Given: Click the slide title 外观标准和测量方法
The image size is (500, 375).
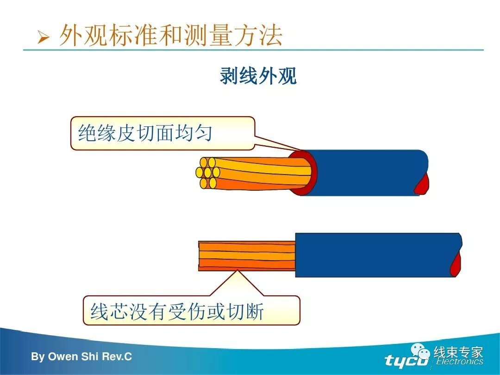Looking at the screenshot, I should point(170,36).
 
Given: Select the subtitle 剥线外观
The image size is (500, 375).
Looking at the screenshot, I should point(258,76).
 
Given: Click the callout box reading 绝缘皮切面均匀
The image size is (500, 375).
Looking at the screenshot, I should point(162,133).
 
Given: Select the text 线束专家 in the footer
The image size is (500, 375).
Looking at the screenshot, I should point(458,352).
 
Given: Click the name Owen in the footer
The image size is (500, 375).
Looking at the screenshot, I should point(64,357).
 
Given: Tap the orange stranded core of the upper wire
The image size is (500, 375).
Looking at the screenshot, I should point(259,174).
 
